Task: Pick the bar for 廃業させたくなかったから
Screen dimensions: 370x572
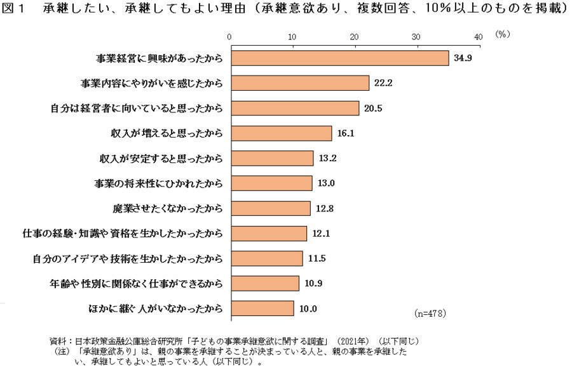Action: point(270,208)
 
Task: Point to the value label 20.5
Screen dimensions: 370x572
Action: point(374,109)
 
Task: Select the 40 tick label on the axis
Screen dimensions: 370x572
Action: point(479,37)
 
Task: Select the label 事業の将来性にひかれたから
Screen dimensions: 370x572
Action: point(158,183)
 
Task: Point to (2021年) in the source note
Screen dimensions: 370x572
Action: point(355,341)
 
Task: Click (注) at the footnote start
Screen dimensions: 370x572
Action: point(64,350)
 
